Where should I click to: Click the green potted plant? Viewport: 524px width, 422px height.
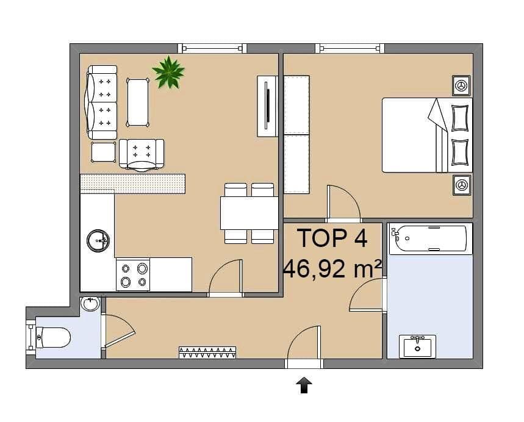168,73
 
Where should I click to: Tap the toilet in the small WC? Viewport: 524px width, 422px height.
53,337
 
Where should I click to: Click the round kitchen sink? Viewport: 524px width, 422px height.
98,241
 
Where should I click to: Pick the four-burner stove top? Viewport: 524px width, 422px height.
133,274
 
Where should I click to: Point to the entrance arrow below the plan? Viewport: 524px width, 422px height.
304,385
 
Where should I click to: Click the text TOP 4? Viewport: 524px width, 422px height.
332,238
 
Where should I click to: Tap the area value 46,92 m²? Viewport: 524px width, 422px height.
333,268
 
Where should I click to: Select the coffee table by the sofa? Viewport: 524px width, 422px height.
138,102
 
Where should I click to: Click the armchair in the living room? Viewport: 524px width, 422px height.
142,154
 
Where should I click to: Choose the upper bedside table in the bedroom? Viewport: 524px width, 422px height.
461,85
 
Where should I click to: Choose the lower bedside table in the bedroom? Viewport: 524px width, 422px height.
461,185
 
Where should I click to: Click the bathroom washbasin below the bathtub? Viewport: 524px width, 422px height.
417,346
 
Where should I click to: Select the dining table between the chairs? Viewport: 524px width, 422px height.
249,213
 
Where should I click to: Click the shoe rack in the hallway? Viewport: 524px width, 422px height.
207,352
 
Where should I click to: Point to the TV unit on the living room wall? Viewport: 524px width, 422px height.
267,106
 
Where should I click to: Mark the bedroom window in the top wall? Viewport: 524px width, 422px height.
350,48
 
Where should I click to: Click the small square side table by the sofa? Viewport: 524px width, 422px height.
103,152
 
